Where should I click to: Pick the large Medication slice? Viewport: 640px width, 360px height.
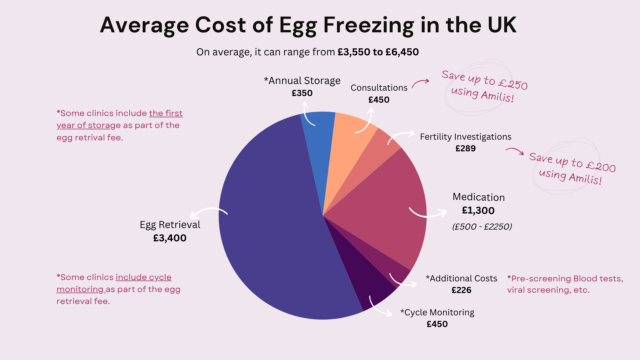click(x=383, y=207)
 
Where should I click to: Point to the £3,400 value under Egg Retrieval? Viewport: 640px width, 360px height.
click(x=170, y=238)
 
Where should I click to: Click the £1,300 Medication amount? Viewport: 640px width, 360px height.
click(x=478, y=211)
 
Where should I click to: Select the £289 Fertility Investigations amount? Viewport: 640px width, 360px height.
click(x=465, y=148)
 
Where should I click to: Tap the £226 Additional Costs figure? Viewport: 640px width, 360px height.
click(x=461, y=290)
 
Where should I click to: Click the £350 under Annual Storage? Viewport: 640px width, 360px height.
click(x=302, y=93)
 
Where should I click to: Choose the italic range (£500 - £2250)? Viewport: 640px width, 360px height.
click(x=482, y=227)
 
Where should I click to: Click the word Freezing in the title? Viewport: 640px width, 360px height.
click(x=369, y=25)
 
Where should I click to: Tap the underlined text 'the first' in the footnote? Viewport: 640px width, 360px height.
click(x=166, y=113)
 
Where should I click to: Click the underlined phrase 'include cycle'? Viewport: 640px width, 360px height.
click(x=143, y=277)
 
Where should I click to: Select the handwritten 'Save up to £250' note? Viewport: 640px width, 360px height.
click(x=484, y=80)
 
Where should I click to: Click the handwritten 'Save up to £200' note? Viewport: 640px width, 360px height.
click(x=572, y=162)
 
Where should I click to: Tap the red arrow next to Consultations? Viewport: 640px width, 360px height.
click(x=421, y=83)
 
